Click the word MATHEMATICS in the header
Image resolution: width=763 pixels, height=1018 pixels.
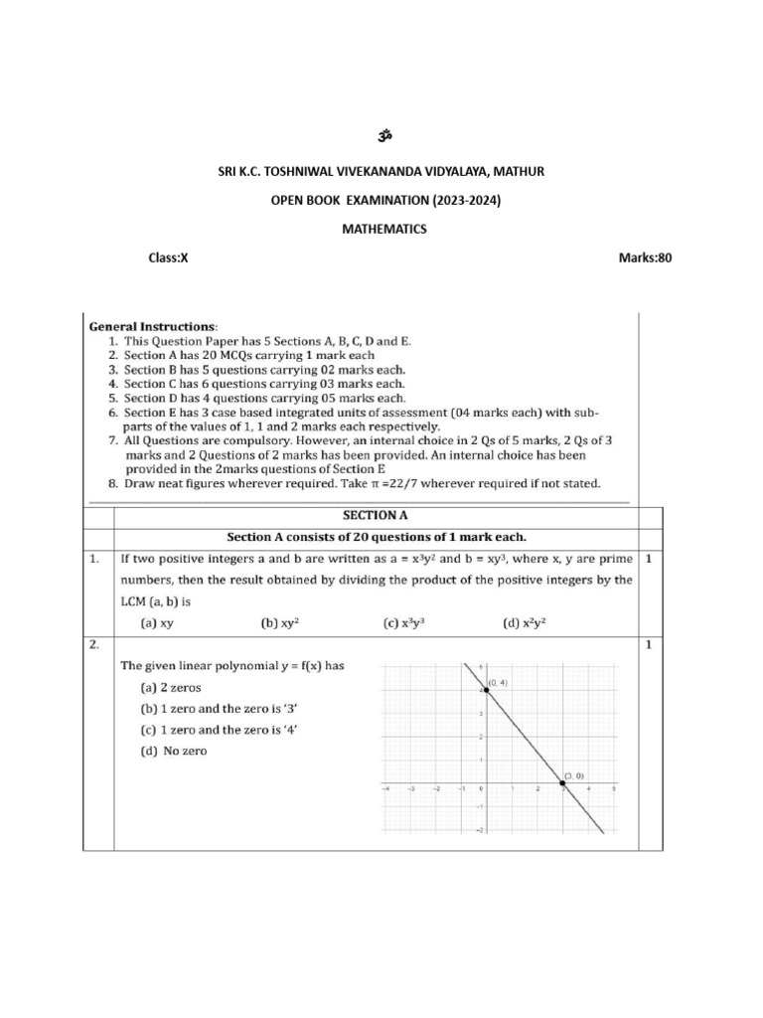(383, 229)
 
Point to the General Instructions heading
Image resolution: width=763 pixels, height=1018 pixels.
(151, 325)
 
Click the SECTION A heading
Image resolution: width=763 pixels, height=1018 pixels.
(375, 515)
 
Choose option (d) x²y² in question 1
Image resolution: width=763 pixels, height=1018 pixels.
(527, 623)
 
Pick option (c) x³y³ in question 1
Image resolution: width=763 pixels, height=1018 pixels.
(404, 623)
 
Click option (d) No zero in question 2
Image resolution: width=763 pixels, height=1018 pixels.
(173, 751)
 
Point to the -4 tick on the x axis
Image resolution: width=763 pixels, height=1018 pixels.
(385, 791)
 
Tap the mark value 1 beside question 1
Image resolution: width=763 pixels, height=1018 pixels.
(648, 559)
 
